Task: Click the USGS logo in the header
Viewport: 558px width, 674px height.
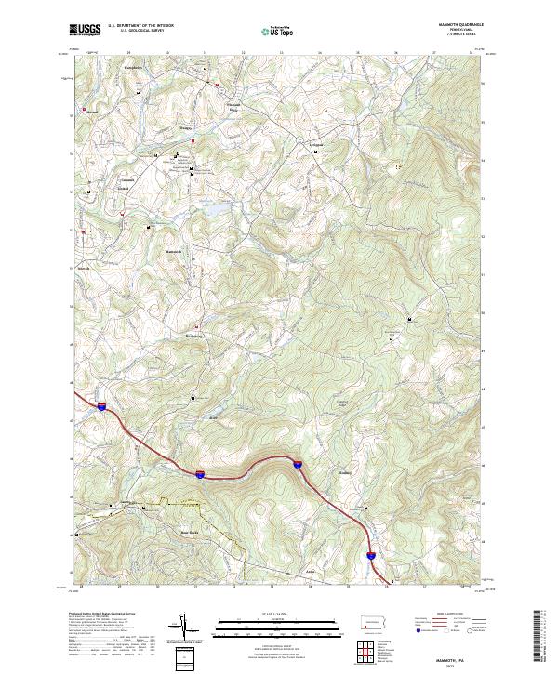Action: click(84, 30)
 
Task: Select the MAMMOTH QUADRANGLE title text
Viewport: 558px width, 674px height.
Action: click(456, 24)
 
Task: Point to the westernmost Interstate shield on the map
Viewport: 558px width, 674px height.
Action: click(100, 406)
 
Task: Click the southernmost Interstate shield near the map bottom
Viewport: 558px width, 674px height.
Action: click(370, 556)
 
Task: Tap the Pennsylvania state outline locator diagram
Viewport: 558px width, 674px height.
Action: click(375, 620)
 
